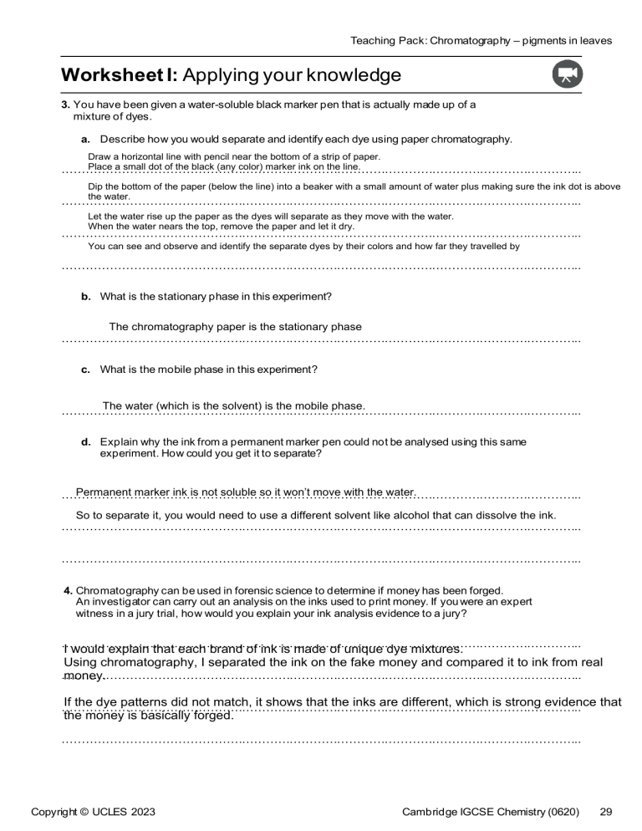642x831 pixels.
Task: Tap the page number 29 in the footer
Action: pos(607,811)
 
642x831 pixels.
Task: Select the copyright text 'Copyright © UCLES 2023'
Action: pos(94,811)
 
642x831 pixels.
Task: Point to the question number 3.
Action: pos(65,104)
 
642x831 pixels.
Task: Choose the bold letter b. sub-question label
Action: pos(86,296)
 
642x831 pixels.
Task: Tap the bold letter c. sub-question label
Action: pos(86,369)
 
